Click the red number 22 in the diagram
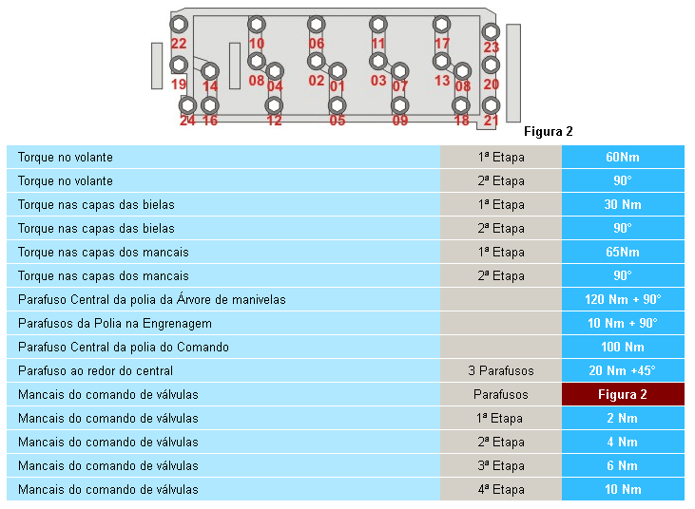coord(179,44)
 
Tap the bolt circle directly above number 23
coord(491,31)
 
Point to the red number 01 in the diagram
coord(338,85)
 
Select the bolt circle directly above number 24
coord(187,105)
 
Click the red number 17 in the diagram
coord(442,44)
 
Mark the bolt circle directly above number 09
coord(400,105)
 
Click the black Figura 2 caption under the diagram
coord(549,131)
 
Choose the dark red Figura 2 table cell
coord(623,394)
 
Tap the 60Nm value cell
coord(623,157)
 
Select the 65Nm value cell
coord(623,252)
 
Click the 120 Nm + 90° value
coord(623,300)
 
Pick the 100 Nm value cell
coord(623,347)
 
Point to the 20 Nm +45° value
coord(623,370)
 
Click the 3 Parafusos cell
coord(501,370)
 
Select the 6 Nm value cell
coord(623,465)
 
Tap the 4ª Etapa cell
coord(501,489)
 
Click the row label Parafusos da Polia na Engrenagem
coord(115,324)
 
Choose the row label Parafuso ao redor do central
coord(95,371)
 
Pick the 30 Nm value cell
coord(623,204)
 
